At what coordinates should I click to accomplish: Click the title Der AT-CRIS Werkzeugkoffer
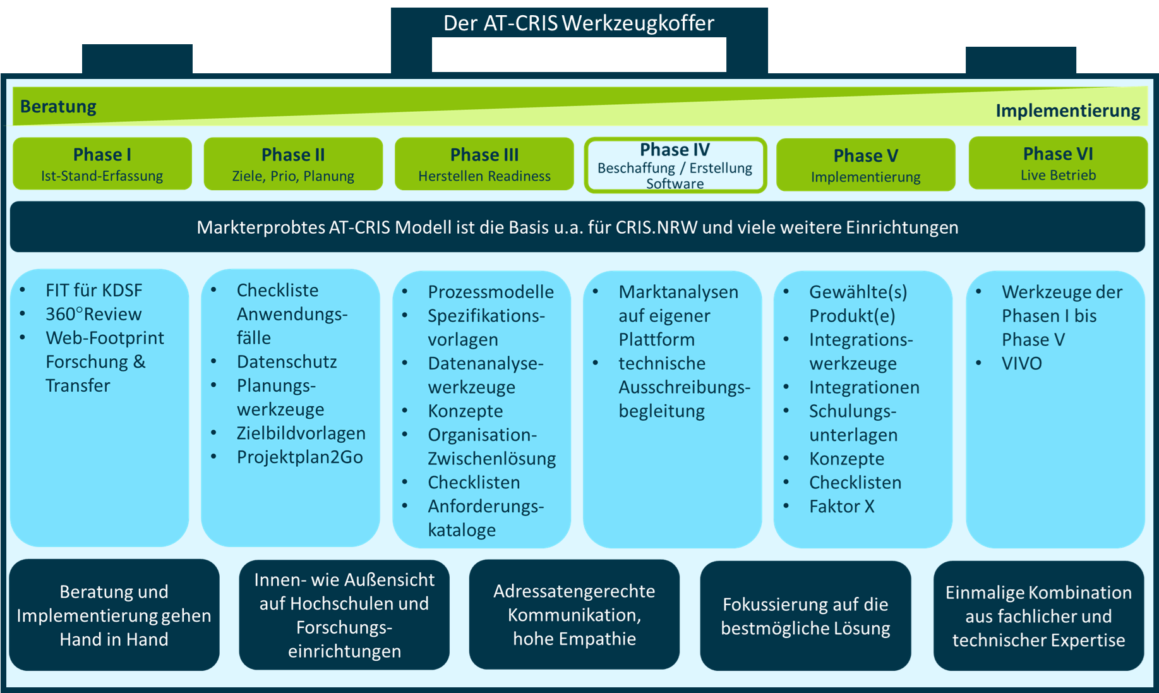[579, 23]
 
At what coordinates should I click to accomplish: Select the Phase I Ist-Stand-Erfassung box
[102, 164]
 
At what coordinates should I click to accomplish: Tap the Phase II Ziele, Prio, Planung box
[293, 164]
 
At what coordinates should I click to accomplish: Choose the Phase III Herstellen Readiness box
[484, 164]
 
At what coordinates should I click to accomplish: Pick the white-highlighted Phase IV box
[675, 166]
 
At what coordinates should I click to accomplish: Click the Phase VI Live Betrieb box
[1058, 163]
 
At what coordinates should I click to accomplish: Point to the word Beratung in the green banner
[58, 106]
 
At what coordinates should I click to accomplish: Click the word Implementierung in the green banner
[1067, 111]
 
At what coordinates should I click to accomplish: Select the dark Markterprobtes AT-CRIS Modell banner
[577, 227]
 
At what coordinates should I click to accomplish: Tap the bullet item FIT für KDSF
[93, 290]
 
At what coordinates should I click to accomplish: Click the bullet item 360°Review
[93, 314]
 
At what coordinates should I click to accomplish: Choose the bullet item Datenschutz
[287, 361]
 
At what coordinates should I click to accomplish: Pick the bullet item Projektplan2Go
[299, 457]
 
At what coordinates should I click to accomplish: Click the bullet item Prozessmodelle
[491, 291]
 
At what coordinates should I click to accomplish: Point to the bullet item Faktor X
[841, 506]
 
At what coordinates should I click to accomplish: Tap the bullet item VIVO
[1021, 363]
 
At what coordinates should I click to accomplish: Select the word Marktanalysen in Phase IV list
[678, 291]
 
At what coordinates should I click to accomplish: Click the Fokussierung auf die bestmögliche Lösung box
[805, 616]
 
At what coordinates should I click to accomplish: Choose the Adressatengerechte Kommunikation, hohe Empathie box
[574, 615]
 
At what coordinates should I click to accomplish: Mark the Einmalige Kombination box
[1038, 616]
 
